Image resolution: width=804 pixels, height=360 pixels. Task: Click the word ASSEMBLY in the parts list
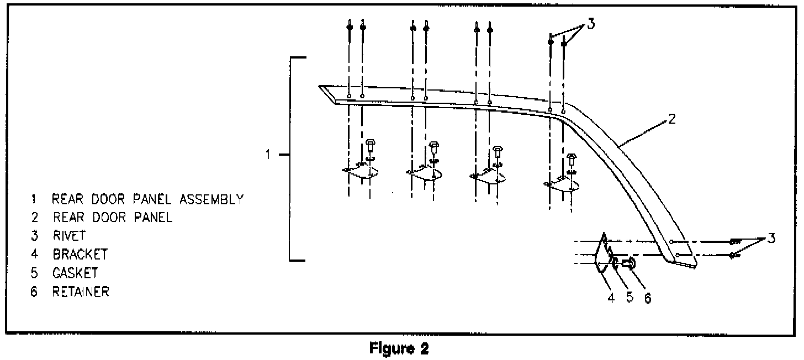[214, 199]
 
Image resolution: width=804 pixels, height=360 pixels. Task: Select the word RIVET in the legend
[70, 236]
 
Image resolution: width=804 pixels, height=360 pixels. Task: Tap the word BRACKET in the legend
[80, 255]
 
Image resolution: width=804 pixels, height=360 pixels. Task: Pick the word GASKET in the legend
[75, 273]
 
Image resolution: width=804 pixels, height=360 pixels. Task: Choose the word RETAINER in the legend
[81, 292]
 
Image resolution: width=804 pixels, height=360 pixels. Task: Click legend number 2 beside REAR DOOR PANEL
[34, 218]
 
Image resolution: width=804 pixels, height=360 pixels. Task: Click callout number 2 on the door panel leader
[671, 119]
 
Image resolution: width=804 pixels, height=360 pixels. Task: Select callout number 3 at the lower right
[771, 239]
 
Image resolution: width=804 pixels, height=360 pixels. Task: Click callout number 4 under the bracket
[611, 297]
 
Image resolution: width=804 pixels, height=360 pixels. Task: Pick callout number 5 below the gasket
[630, 297]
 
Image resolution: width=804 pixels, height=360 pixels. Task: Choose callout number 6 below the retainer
[648, 298]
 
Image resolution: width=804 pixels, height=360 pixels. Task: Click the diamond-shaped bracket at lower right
[602, 255]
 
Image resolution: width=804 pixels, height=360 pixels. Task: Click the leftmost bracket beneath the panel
[359, 173]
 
